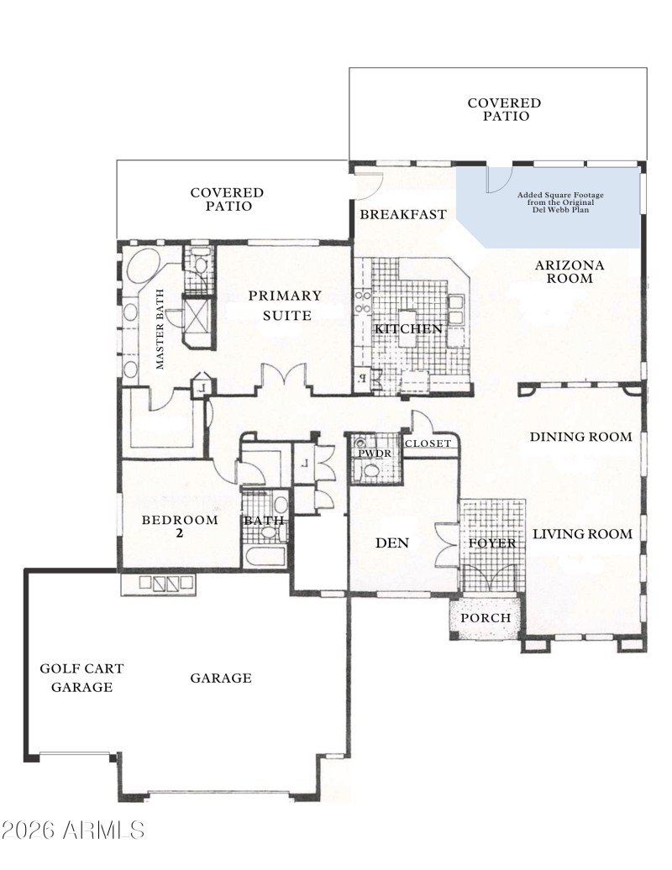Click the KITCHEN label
point(408,329)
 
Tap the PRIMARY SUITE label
point(285,305)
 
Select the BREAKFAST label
point(403,215)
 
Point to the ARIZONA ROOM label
point(570,272)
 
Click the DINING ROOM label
point(580,437)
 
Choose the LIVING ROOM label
point(582,534)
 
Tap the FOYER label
point(492,544)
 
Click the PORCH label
point(486,618)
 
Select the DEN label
point(391,543)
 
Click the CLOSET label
point(428,443)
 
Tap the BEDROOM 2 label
point(180,526)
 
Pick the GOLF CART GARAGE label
point(82,678)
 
